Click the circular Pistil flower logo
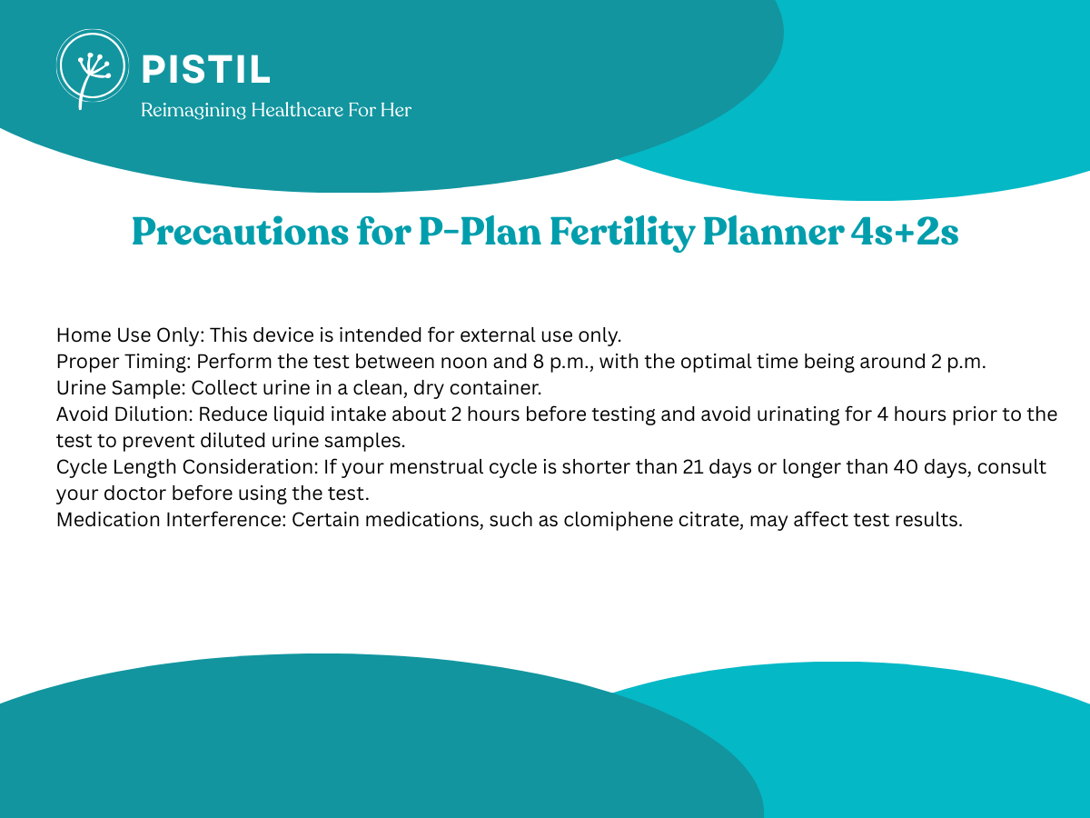pyautogui.click(x=93, y=66)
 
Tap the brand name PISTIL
pyautogui.click(x=206, y=69)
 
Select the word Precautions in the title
pyautogui.click(x=241, y=232)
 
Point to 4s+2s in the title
pyautogui.click(x=905, y=232)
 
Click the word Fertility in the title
pyautogui.click(x=621, y=233)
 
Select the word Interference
pyautogui.click(x=226, y=520)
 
